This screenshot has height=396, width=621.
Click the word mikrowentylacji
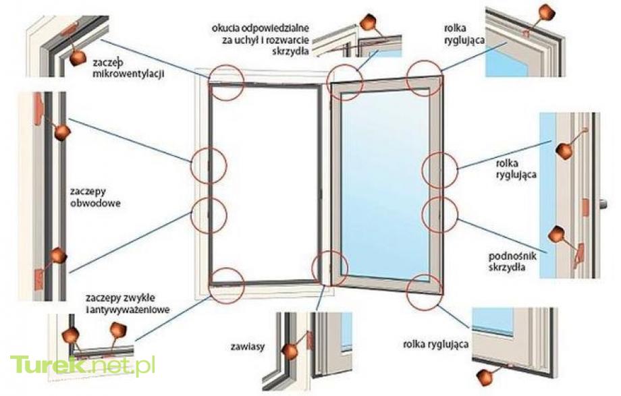click(x=129, y=74)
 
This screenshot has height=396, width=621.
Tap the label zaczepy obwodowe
click(x=95, y=197)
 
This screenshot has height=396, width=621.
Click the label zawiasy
click(x=248, y=347)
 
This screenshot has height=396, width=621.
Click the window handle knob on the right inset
click(x=603, y=204)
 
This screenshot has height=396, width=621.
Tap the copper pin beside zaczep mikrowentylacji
click(x=78, y=58)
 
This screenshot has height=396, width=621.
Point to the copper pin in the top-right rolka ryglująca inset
click(x=547, y=12)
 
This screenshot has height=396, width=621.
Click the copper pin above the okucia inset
click(x=367, y=22)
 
